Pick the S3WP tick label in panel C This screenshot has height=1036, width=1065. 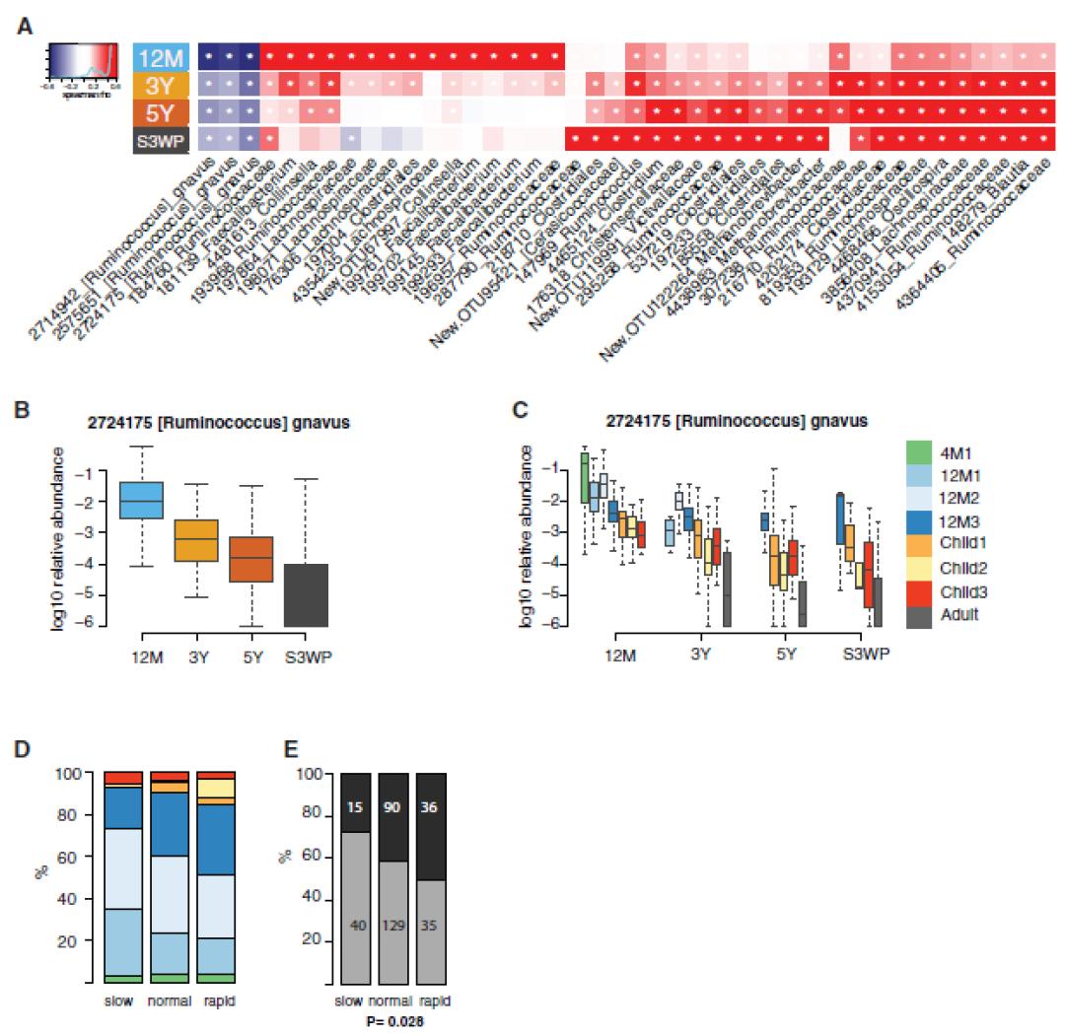point(865,652)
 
